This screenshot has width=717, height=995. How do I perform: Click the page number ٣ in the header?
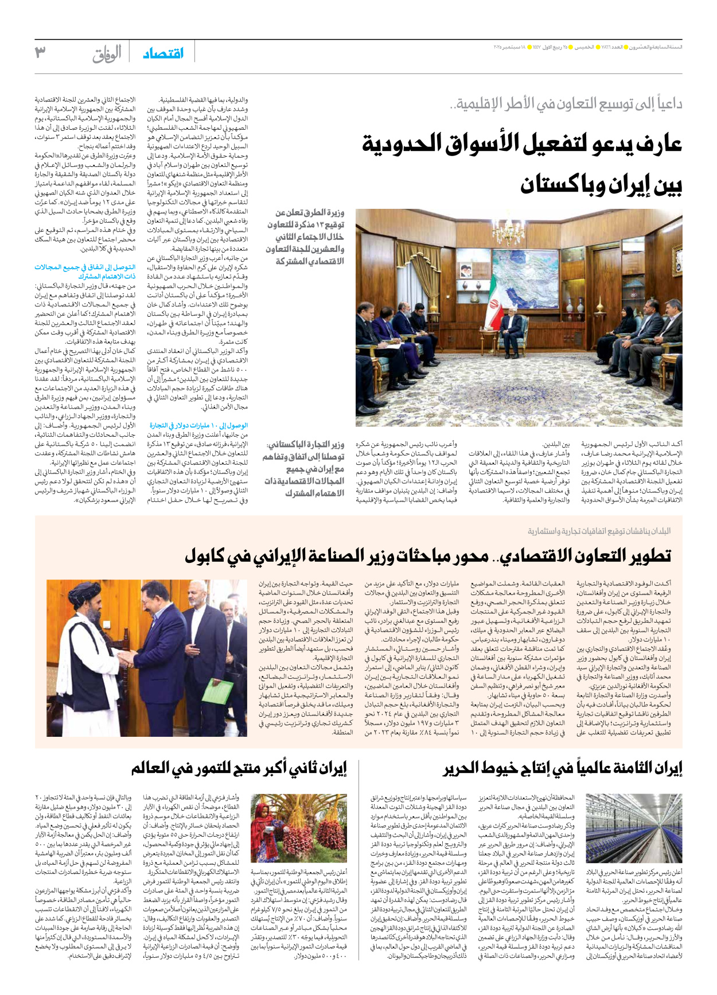point(40,53)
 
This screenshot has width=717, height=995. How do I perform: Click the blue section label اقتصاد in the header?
point(163,53)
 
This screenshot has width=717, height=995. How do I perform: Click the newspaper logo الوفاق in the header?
point(107,54)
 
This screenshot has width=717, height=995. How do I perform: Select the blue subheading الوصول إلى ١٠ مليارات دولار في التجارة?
point(198,425)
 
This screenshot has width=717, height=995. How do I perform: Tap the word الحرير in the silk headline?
point(461,768)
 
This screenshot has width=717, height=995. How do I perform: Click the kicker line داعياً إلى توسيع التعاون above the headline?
point(566,104)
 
